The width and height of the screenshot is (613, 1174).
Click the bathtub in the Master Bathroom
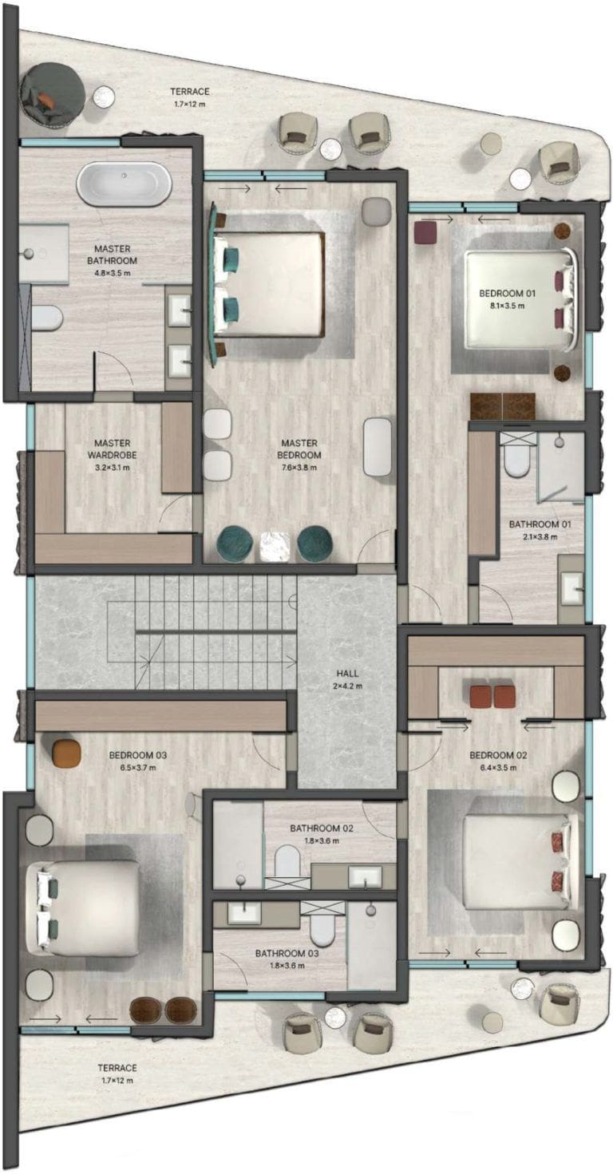124,185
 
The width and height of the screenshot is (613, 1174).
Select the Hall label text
347,673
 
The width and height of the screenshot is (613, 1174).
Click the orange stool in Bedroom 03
66,752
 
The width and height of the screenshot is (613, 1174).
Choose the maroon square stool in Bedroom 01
425,231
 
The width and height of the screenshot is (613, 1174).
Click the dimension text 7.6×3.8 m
299,468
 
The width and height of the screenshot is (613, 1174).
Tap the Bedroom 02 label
498,755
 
